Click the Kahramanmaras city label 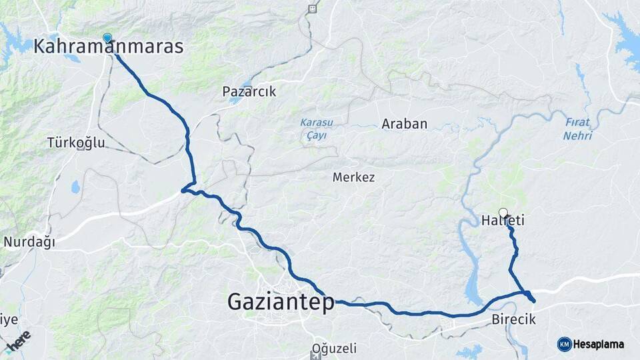pyautogui.click(x=108, y=47)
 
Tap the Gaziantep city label pyautogui.click(x=281, y=302)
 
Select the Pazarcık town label pyautogui.click(x=249, y=91)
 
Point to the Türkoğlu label pyautogui.click(x=76, y=143)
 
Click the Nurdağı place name pyautogui.click(x=29, y=242)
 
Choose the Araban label pyautogui.click(x=404, y=124)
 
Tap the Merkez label pyautogui.click(x=353, y=177)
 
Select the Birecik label pyautogui.click(x=513, y=320)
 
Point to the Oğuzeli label pyautogui.click(x=334, y=348)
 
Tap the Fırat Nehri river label pyautogui.click(x=577, y=129)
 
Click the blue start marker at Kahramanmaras pyautogui.click(x=107, y=38)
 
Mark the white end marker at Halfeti pyautogui.click(x=503, y=213)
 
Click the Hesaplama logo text pyautogui.click(x=598, y=345)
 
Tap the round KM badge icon pyautogui.click(x=564, y=345)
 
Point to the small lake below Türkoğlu pyautogui.click(x=75, y=187)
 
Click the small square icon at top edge pyautogui.click(x=312, y=9)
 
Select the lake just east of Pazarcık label pyautogui.click(x=235, y=100)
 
